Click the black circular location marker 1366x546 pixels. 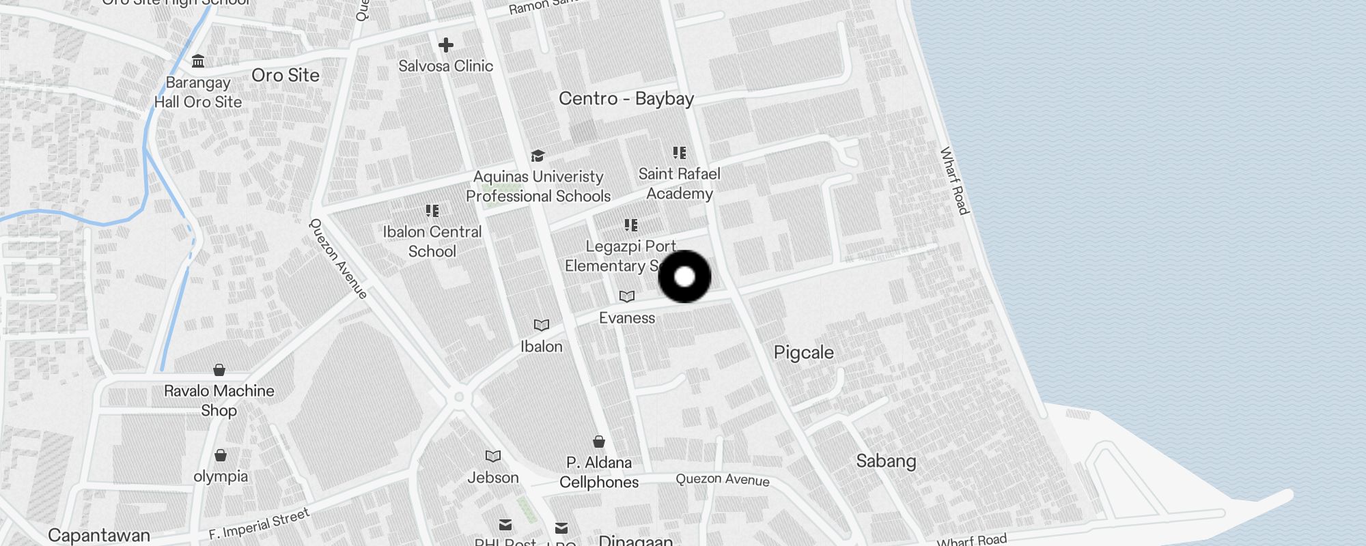coord(684,276)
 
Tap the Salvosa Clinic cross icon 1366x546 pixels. coord(446,45)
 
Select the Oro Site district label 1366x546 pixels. coord(285,75)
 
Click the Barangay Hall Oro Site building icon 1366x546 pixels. coord(198,61)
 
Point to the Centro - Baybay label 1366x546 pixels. coord(626,99)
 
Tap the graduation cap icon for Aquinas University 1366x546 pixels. coord(538,156)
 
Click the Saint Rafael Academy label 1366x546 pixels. coord(679,184)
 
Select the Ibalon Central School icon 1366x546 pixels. coord(432,211)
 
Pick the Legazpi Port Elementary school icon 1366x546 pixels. coord(631,225)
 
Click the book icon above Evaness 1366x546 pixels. coord(627,296)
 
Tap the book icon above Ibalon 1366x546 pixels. coord(542,325)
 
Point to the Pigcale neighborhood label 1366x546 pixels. coord(803,353)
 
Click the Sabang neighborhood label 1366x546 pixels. coord(886,461)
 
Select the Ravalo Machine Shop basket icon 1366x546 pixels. coord(219,370)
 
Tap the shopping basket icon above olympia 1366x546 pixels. coord(221,455)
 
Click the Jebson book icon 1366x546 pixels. coord(493,456)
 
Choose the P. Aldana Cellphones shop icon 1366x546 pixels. coord(599,442)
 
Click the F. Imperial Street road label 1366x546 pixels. coord(259,524)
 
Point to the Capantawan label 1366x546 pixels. coord(99,535)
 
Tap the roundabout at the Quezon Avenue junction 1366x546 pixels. coord(459,397)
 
